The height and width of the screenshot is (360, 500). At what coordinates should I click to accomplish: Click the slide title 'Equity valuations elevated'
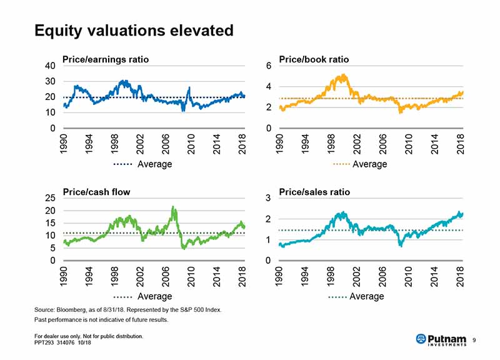click(134, 31)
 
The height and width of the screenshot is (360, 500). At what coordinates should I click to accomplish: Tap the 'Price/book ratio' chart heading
click(314, 59)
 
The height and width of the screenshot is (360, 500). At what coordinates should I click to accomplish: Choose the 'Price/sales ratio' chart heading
click(314, 192)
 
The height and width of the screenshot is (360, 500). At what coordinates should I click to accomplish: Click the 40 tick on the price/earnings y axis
click(51, 66)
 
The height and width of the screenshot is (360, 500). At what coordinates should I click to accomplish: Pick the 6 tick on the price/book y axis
click(268, 66)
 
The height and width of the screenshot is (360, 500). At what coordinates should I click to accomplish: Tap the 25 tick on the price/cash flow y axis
click(51, 198)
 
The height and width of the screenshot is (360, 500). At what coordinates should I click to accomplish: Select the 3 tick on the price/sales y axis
click(268, 198)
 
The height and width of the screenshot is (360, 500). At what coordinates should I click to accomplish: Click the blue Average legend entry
click(142, 164)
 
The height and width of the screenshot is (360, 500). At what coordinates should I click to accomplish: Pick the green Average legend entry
click(142, 296)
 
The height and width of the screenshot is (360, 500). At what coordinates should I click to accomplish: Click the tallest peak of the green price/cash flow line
click(173, 207)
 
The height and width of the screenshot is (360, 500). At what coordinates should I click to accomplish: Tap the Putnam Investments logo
click(441, 339)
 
